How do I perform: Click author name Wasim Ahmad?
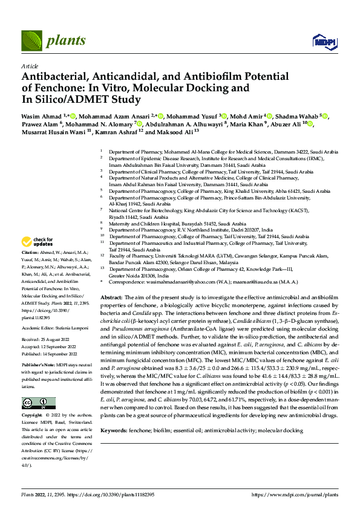pyautogui.click(x=41, y=114)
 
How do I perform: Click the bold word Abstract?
pyautogui.click(x=112, y=298)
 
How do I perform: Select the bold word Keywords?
pyautogui.click(x=114, y=413)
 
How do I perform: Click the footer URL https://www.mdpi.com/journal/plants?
pyautogui.click(x=294, y=494)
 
